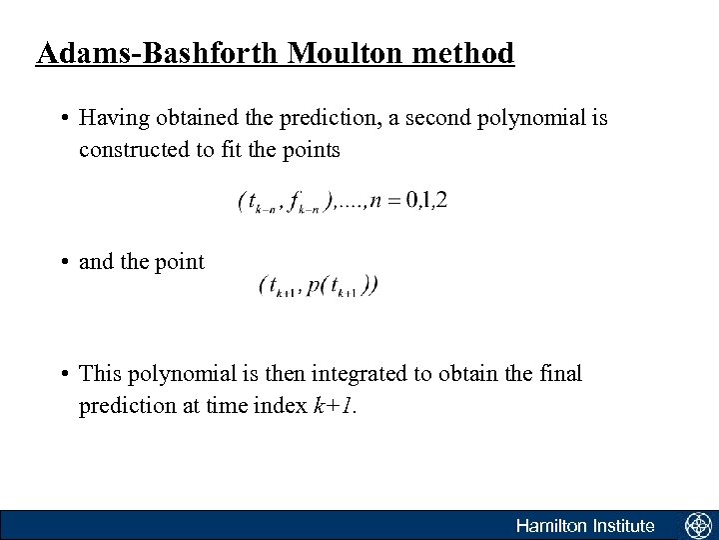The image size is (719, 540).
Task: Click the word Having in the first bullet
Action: [x=110, y=119]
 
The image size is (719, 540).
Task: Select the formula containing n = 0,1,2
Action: [x=343, y=201]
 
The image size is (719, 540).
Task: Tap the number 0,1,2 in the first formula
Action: [x=425, y=199]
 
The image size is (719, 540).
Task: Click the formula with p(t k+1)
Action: [x=318, y=285]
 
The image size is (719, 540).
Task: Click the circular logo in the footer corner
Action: [x=696, y=525]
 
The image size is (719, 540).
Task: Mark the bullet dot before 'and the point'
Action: [x=63, y=263]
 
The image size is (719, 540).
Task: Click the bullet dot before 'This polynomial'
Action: [x=63, y=375]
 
